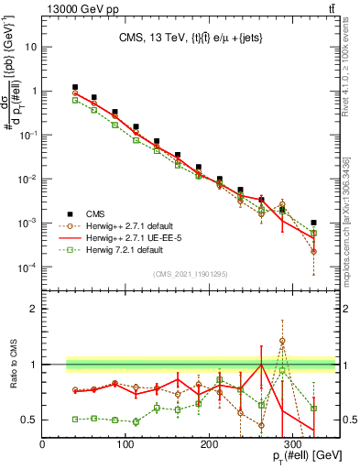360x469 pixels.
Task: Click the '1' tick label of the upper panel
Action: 34,91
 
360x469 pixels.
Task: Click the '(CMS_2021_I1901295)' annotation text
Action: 190,274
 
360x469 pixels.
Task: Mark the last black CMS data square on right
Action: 314,223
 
